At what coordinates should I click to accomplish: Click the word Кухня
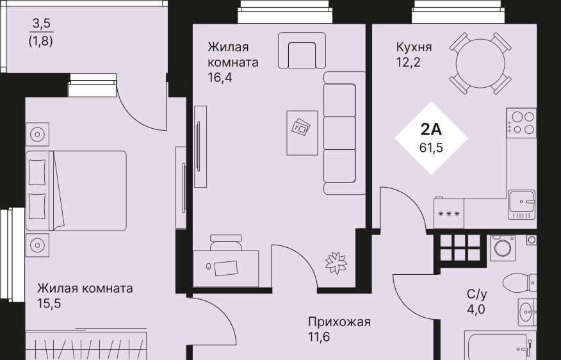(x=414, y=47)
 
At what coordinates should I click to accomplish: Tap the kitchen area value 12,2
(x=408, y=63)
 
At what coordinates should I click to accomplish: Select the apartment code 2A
(x=431, y=129)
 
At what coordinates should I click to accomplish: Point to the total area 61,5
(x=431, y=147)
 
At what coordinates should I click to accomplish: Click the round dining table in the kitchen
(x=480, y=63)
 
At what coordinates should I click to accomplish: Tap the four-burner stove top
(x=521, y=123)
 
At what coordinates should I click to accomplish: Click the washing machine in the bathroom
(x=503, y=248)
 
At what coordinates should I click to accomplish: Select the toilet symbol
(x=519, y=283)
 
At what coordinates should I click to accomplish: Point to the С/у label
(x=477, y=294)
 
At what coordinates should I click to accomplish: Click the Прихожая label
(x=339, y=322)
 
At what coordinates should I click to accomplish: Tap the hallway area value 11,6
(x=319, y=337)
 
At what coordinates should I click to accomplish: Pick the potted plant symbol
(x=336, y=263)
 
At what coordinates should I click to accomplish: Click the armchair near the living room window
(x=302, y=51)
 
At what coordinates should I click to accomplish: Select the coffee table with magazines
(x=302, y=133)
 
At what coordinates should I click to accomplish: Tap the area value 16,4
(x=220, y=78)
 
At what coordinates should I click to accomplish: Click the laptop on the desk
(x=226, y=268)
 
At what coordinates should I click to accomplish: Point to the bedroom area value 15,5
(x=49, y=304)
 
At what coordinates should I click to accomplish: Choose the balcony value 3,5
(x=42, y=24)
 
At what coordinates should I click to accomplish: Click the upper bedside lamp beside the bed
(x=37, y=135)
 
